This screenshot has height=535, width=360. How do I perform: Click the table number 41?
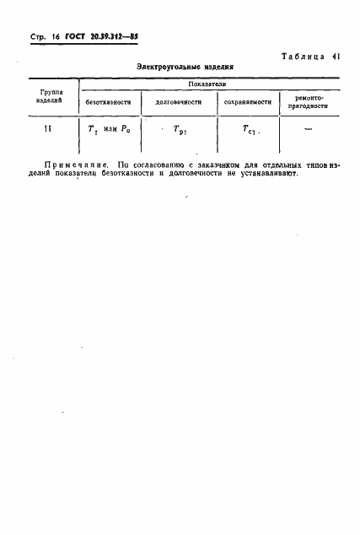pos(336,57)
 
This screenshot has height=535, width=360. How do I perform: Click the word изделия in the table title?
pos(214,67)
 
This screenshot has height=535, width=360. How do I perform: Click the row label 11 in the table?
pos(48,128)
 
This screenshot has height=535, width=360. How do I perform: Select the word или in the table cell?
pos(109,130)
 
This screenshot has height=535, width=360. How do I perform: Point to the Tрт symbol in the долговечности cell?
pos(179,131)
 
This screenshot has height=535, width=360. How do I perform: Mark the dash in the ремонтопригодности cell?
pos(308,129)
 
